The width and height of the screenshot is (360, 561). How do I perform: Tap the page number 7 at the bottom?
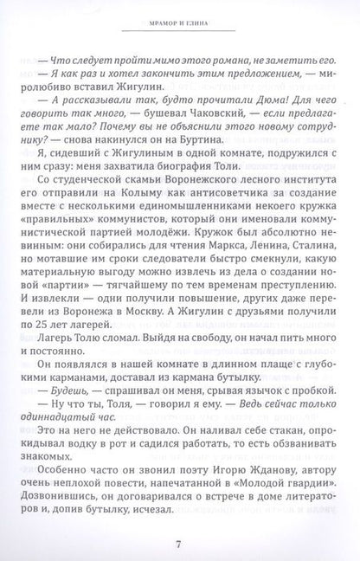click(x=178, y=543)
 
